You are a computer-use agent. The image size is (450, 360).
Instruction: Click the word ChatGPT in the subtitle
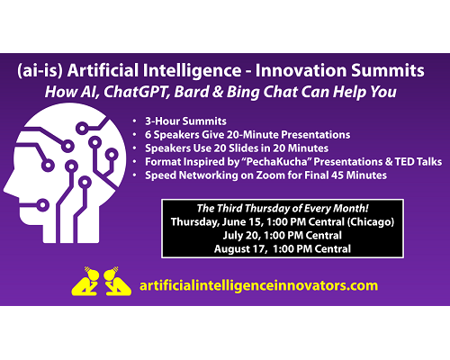coord(135,92)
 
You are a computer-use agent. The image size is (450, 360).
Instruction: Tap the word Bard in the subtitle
coord(191,92)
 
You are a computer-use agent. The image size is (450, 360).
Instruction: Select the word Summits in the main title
coord(388,70)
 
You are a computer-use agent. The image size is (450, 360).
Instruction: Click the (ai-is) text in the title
coord(40,71)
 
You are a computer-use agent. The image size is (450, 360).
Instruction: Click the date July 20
coord(241,236)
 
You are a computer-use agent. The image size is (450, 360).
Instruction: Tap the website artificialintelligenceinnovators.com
coord(258,285)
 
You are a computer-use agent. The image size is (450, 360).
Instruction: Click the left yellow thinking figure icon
coord(85,282)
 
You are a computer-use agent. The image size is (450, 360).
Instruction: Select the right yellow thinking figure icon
coord(117,282)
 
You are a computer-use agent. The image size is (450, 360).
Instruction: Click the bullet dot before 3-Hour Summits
coord(135,121)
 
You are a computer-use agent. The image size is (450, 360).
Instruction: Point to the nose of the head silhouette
coord(6,189)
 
